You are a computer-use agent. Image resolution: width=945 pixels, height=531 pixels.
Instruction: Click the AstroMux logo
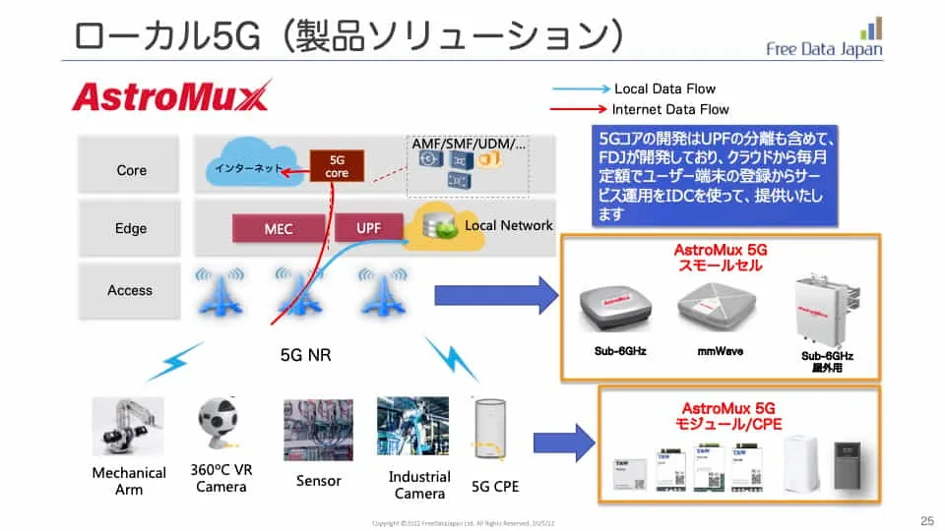tap(169, 97)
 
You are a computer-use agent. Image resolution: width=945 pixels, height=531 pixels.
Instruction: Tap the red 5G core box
tap(338, 166)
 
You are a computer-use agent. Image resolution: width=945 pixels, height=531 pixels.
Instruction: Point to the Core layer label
tap(131, 170)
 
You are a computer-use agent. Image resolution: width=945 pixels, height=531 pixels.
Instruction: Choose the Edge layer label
tap(131, 229)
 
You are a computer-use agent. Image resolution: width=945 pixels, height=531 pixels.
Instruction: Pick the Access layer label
tap(130, 290)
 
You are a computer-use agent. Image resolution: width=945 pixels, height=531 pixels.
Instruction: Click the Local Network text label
tap(508, 225)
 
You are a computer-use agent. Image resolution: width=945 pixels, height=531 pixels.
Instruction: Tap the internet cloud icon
tap(251, 169)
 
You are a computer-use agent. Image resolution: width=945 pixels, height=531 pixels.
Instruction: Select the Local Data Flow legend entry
tap(664, 88)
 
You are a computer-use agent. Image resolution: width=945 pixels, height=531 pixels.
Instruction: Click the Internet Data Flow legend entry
tap(669, 109)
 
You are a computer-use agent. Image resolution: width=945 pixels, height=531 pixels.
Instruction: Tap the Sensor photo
tap(318, 430)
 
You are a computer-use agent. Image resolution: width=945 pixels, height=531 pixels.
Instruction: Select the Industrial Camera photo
tap(412, 427)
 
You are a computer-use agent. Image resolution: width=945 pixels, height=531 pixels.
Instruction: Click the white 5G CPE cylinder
tap(490, 430)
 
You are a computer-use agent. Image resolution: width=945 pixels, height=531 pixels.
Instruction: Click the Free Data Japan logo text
tap(824, 49)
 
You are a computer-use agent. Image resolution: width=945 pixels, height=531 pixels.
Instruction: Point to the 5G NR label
tap(305, 355)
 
